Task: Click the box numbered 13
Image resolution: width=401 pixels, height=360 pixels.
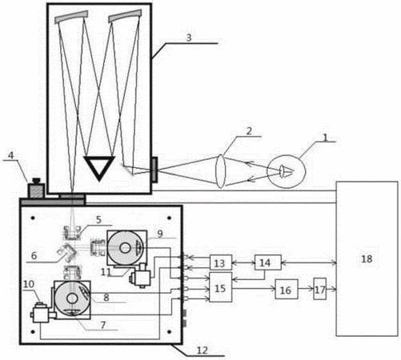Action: [x=221, y=262]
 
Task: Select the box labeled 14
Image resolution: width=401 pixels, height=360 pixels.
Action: [x=268, y=262]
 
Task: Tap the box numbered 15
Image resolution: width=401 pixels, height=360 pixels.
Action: [x=221, y=287]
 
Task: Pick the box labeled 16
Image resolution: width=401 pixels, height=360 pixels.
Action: [x=287, y=289]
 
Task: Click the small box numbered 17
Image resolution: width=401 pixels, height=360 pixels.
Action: [x=320, y=289]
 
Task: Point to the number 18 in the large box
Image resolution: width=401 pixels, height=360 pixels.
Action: [x=367, y=258]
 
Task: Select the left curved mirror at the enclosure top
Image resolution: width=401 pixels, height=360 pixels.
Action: [x=71, y=18]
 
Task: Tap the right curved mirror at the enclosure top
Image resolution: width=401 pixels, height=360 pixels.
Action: [x=125, y=15]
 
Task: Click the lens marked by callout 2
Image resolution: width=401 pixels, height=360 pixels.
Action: [x=220, y=171]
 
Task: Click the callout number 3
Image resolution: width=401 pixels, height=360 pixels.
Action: [x=189, y=38]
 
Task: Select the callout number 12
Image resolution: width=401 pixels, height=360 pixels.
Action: [x=202, y=350]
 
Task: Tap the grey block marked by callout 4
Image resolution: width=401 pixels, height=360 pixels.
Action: [x=36, y=189]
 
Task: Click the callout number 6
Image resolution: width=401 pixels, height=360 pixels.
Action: [x=34, y=256]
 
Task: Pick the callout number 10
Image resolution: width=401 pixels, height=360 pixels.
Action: [x=29, y=284]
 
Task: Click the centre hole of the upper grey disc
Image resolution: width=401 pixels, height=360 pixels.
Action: [x=125, y=248]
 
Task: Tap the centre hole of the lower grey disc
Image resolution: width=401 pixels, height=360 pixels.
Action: [x=72, y=298]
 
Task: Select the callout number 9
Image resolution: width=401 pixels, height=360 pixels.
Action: [x=160, y=234]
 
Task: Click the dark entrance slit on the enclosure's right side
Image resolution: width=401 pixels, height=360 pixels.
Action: [x=154, y=170]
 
